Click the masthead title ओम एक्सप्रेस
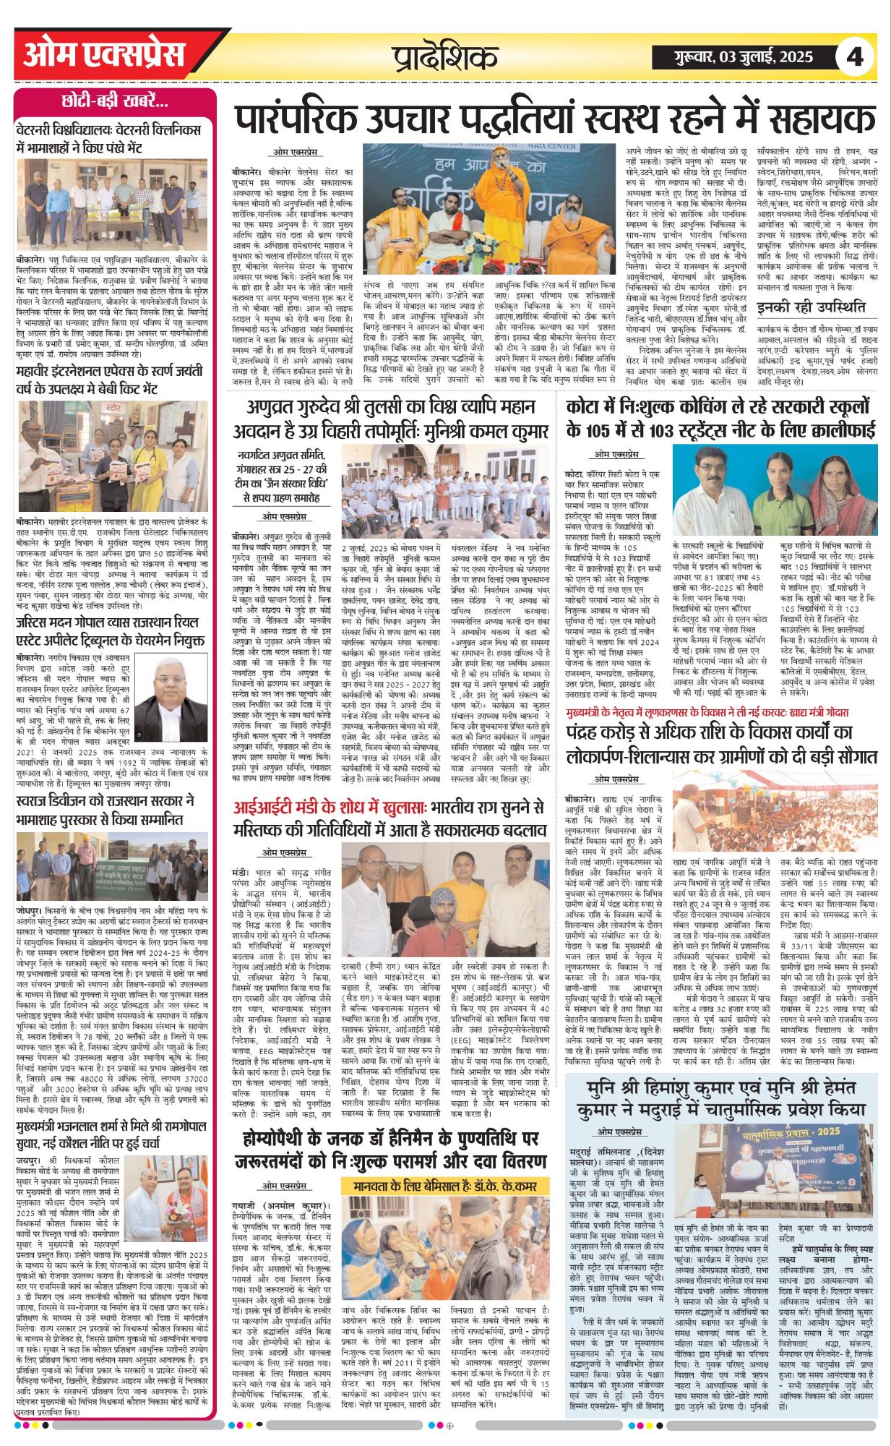(104, 56)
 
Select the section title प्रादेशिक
(446, 57)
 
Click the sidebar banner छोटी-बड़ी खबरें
(115, 100)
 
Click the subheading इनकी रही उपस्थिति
(810, 307)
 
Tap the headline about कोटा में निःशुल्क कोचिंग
(720, 419)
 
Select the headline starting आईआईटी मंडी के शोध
(389, 818)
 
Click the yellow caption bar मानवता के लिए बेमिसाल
(445, 1186)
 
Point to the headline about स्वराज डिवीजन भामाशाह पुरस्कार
(105, 810)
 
